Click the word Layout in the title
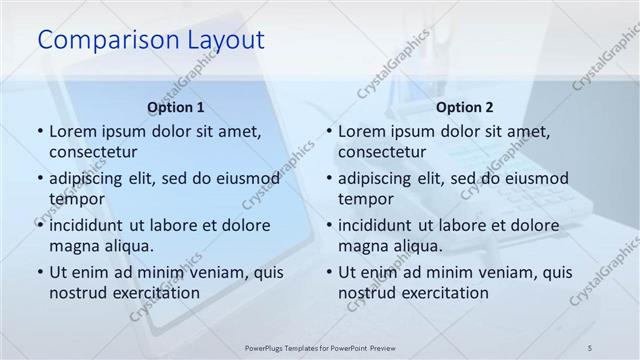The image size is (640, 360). (223, 40)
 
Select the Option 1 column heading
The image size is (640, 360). (176, 107)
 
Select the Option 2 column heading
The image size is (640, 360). (465, 107)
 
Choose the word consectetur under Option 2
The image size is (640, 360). (384, 151)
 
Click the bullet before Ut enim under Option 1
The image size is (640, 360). (39, 271)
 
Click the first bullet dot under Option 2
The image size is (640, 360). (329, 130)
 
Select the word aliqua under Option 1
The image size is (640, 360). (128, 245)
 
